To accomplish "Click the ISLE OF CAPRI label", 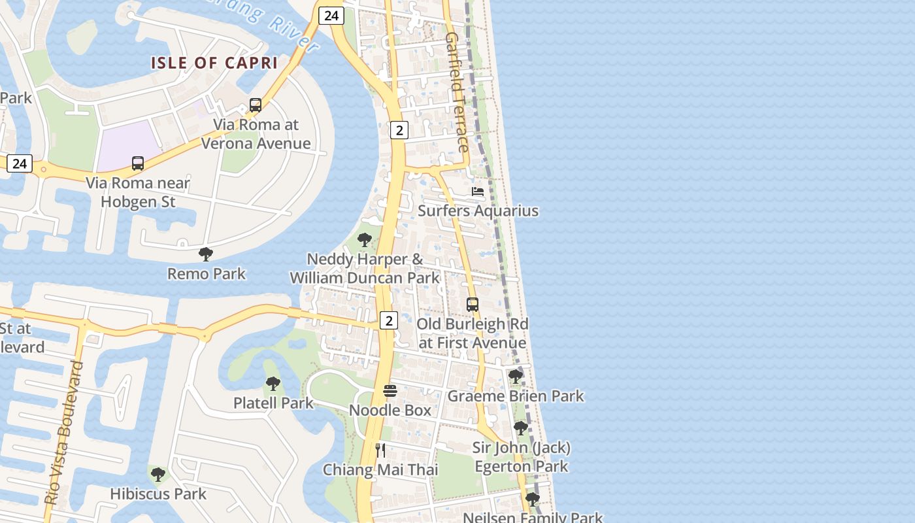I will pyautogui.click(x=214, y=63).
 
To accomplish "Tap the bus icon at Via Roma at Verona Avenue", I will pyautogui.click(x=256, y=105).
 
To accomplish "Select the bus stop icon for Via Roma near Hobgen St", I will pyautogui.click(x=137, y=163).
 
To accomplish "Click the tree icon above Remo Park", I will pyautogui.click(x=206, y=254).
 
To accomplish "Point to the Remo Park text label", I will pyautogui.click(x=207, y=273).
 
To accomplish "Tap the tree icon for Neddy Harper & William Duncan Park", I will pyautogui.click(x=365, y=240).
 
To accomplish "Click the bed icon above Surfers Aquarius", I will pyautogui.click(x=478, y=192).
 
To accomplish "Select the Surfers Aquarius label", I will pyautogui.click(x=478, y=211).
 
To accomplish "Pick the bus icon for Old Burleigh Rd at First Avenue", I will pyautogui.click(x=472, y=305).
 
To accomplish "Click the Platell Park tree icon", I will pyautogui.click(x=273, y=384).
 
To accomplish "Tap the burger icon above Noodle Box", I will pyautogui.click(x=390, y=391).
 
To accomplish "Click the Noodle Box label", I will pyautogui.click(x=390, y=410).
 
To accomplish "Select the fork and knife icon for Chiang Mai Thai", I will pyautogui.click(x=380, y=450).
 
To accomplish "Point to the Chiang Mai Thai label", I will pyautogui.click(x=380, y=469).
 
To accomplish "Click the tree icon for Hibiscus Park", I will pyautogui.click(x=158, y=474).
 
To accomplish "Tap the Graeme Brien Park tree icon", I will pyautogui.click(x=516, y=377).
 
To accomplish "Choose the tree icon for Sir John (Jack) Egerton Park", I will pyautogui.click(x=521, y=428).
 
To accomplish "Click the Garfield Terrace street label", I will pyautogui.click(x=457, y=92).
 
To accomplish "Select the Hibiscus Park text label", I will pyautogui.click(x=158, y=494).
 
